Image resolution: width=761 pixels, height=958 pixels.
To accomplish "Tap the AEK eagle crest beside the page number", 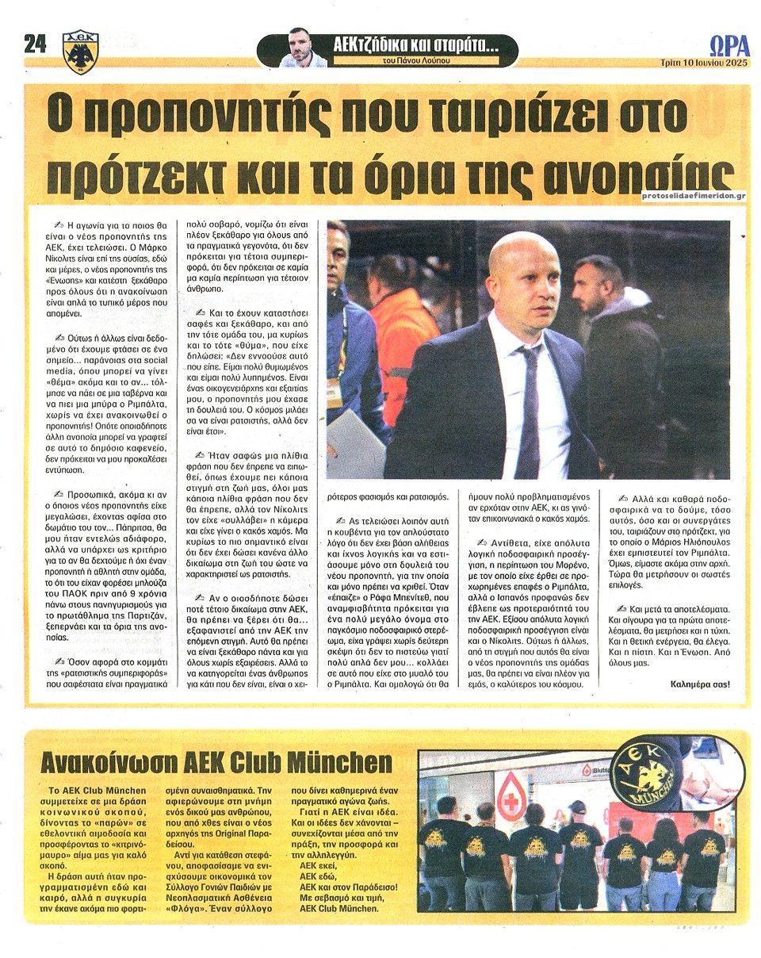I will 80,52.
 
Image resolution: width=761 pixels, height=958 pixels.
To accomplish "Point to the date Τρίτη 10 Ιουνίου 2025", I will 705,63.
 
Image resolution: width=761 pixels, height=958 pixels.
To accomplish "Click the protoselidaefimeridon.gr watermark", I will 689,194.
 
